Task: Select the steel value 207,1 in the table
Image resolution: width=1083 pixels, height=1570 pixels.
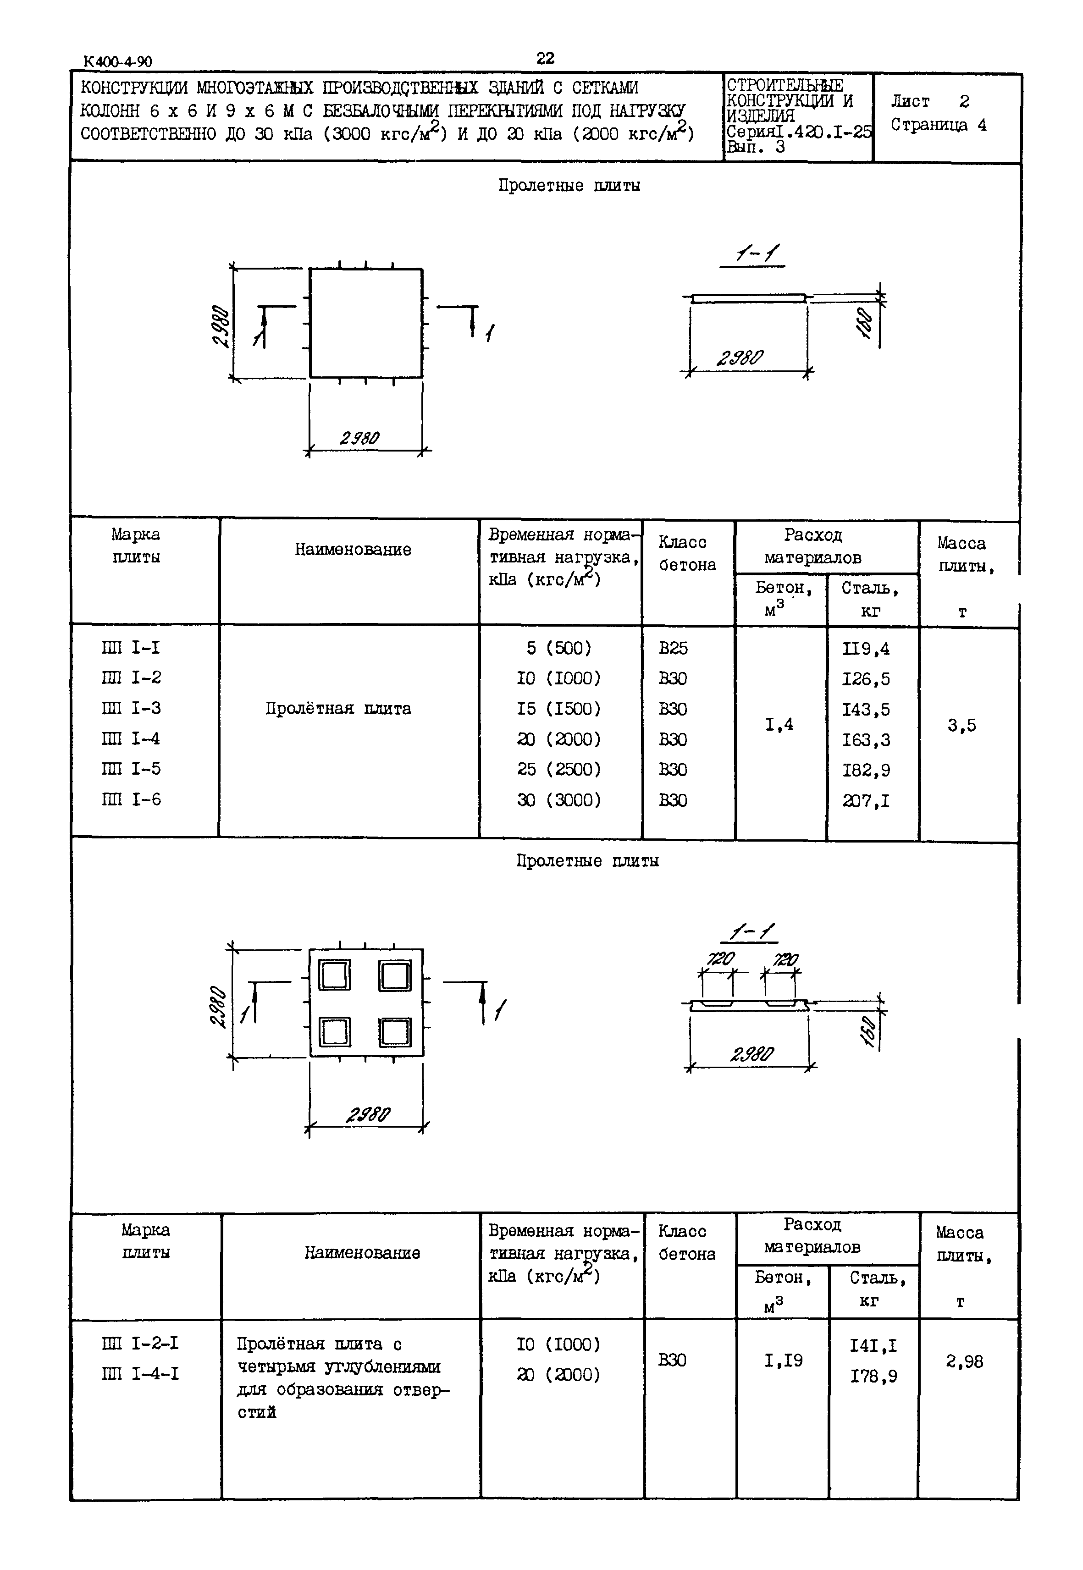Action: pyautogui.click(x=866, y=801)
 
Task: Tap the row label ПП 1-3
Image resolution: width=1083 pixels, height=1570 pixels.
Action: pyautogui.click(x=132, y=708)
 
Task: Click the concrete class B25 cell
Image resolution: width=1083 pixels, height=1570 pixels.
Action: pyautogui.click(x=673, y=649)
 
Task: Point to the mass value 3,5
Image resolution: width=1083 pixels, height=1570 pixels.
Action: pyautogui.click(x=961, y=725)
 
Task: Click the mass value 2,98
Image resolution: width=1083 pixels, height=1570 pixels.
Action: pyautogui.click(x=964, y=1361)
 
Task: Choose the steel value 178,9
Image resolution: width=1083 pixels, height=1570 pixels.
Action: pyautogui.click(x=873, y=1376)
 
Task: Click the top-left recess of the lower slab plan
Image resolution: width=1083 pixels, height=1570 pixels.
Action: pyautogui.click(x=335, y=975)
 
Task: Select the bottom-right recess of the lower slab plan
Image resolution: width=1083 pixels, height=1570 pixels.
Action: pyautogui.click(x=394, y=1033)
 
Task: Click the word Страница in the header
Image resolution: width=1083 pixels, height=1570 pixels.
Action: pyautogui.click(x=929, y=126)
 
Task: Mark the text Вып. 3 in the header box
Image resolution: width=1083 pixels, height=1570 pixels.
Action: pyautogui.click(x=755, y=147)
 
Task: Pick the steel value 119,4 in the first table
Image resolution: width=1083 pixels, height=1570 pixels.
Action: pyautogui.click(x=866, y=649)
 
